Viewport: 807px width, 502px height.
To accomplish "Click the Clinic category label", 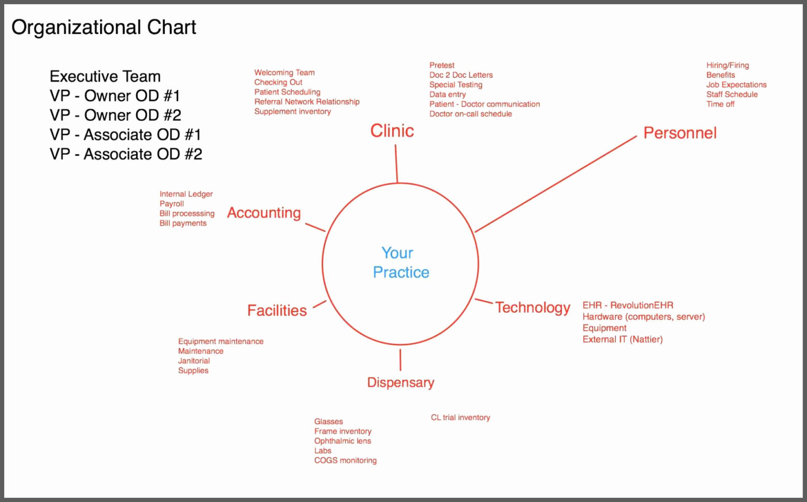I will [x=392, y=131].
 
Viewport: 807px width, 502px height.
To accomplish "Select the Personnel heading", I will [x=680, y=133].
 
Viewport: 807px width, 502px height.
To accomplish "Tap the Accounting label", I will [x=264, y=213].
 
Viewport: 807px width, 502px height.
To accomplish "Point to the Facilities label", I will [x=277, y=311].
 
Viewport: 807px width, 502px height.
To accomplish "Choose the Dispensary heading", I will [x=400, y=382].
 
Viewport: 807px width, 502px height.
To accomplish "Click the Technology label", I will [x=532, y=307].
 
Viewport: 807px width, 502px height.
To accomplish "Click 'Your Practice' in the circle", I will [x=400, y=262].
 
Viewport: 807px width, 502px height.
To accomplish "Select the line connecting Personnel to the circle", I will [x=555, y=184].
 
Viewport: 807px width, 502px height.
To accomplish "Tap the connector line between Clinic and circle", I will [x=396, y=163].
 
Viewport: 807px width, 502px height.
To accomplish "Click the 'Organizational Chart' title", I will [x=104, y=27].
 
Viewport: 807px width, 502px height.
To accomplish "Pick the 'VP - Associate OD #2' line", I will [x=126, y=154].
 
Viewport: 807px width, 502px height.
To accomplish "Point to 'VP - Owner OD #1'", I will [x=115, y=96].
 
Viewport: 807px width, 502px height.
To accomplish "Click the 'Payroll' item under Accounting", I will [x=171, y=204].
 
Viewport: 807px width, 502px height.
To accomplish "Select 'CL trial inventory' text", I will [x=460, y=418].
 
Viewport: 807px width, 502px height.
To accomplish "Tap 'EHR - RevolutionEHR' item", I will [x=628, y=305].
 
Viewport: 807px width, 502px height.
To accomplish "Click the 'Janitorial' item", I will [x=194, y=361].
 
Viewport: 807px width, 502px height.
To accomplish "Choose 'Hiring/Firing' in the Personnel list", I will [x=727, y=65].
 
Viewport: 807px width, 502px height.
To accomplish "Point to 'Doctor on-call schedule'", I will [x=470, y=114].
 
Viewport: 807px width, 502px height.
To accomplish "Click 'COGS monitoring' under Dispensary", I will [x=345, y=460].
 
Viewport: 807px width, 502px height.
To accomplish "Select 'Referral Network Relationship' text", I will [x=307, y=102].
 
